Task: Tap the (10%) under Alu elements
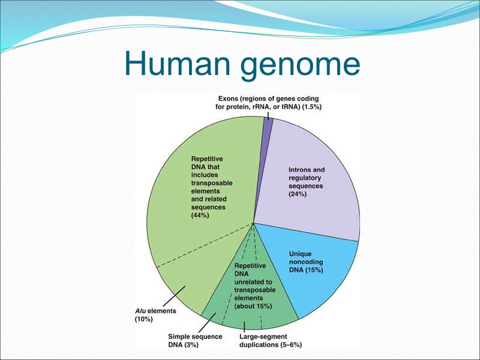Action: point(143,320)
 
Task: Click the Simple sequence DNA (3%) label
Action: point(194,340)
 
